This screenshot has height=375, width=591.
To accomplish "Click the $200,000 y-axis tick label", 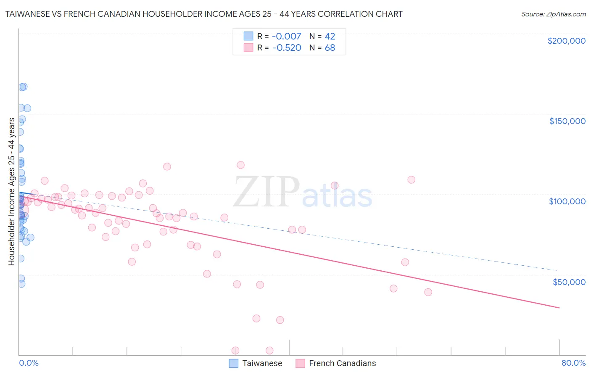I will pos(566,41).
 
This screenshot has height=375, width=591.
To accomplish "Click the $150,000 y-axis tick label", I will pos(567,121).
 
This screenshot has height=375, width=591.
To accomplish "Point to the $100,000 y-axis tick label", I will pos(567,201).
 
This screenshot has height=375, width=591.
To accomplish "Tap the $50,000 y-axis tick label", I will pos(569,282).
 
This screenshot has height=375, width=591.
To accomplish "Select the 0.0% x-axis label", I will pos(29,363).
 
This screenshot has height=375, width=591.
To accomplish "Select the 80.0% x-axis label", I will pos(573,363).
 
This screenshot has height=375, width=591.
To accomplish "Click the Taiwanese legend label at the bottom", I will pos(262,363).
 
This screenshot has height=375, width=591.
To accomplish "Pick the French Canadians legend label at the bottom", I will pos(342,363).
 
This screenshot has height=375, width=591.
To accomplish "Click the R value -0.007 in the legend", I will pos(287,36).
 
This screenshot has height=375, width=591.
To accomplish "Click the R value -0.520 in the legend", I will pos(287,48).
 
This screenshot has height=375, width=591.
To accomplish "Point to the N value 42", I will pos(330,36).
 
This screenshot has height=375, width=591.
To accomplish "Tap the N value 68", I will pos(330,48).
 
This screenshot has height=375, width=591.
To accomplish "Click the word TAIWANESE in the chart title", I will pos(27,14).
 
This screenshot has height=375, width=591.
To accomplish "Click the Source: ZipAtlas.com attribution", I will pos(553,14).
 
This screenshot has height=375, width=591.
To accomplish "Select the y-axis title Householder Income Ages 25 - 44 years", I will pos(11,191).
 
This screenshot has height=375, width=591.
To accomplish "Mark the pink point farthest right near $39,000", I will pos(428,292).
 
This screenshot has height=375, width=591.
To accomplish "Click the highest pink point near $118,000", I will pos(240,165).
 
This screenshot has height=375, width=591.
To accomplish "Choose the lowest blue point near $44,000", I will pos(21,284).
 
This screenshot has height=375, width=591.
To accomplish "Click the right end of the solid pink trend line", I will pos(559,308).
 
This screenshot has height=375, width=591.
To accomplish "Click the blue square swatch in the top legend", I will pos(248,36).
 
